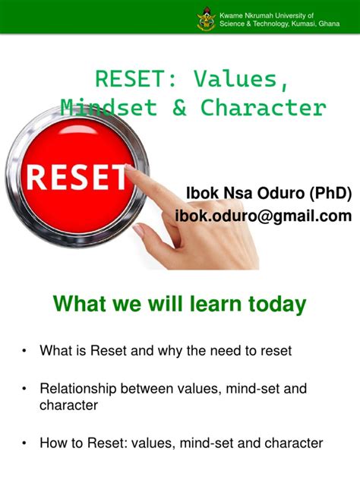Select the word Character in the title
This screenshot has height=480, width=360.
pos(263,107)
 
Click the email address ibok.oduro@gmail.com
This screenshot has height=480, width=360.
pos(264,216)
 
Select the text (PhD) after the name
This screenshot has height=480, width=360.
pos(324,194)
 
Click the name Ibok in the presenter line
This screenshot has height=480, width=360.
pos(201,194)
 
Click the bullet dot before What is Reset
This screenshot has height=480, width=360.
pos(25,351)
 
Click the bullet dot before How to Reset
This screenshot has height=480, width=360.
pos(25,443)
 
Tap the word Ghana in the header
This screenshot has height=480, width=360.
pos(328,24)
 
